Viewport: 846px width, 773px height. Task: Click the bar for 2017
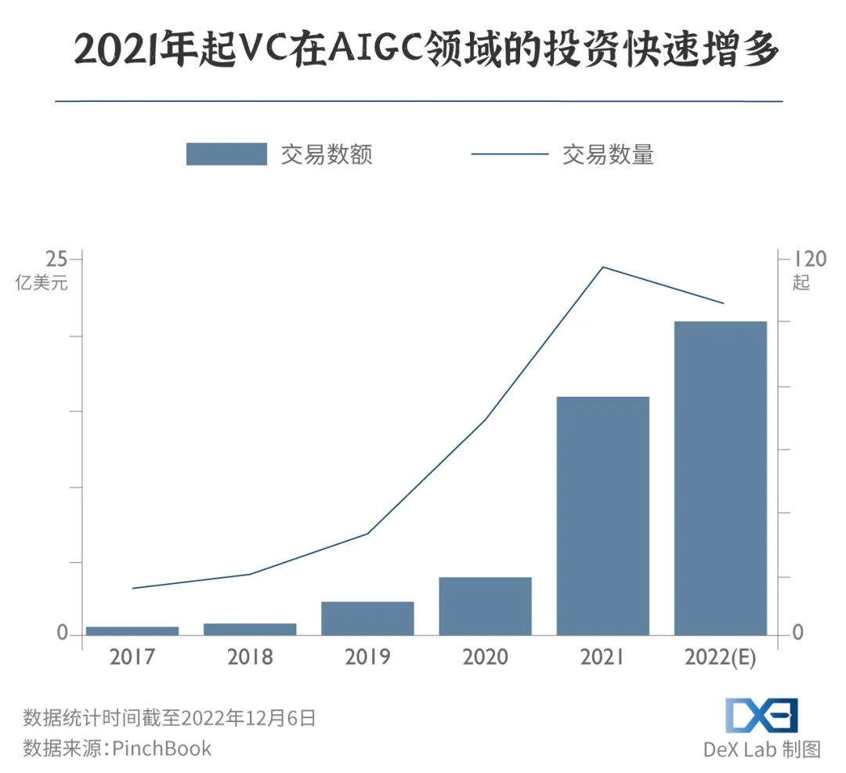click(132, 630)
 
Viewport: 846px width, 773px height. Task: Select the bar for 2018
click(250, 629)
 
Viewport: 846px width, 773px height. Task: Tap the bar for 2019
click(367, 618)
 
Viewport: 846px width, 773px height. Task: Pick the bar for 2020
click(485, 606)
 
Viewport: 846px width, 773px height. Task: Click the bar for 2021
click(602, 516)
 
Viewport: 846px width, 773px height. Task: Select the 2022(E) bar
click(720, 478)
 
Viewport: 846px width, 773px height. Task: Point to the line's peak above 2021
click(602, 267)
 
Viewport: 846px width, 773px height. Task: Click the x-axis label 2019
click(367, 657)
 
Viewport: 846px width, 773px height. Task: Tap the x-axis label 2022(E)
click(720, 657)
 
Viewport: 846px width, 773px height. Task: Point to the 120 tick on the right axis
click(810, 259)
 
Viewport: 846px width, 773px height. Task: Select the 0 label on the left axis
click(63, 633)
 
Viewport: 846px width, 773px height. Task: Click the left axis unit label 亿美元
click(42, 283)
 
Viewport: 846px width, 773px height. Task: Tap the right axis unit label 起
click(801, 283)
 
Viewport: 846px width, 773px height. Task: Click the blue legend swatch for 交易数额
click(226, 154)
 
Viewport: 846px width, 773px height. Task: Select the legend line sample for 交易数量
click(509, 154)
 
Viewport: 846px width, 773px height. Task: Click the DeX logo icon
click(761, 715)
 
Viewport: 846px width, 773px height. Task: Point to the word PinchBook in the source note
click(162, 748)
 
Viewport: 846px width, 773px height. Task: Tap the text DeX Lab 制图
click(761, 749)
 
